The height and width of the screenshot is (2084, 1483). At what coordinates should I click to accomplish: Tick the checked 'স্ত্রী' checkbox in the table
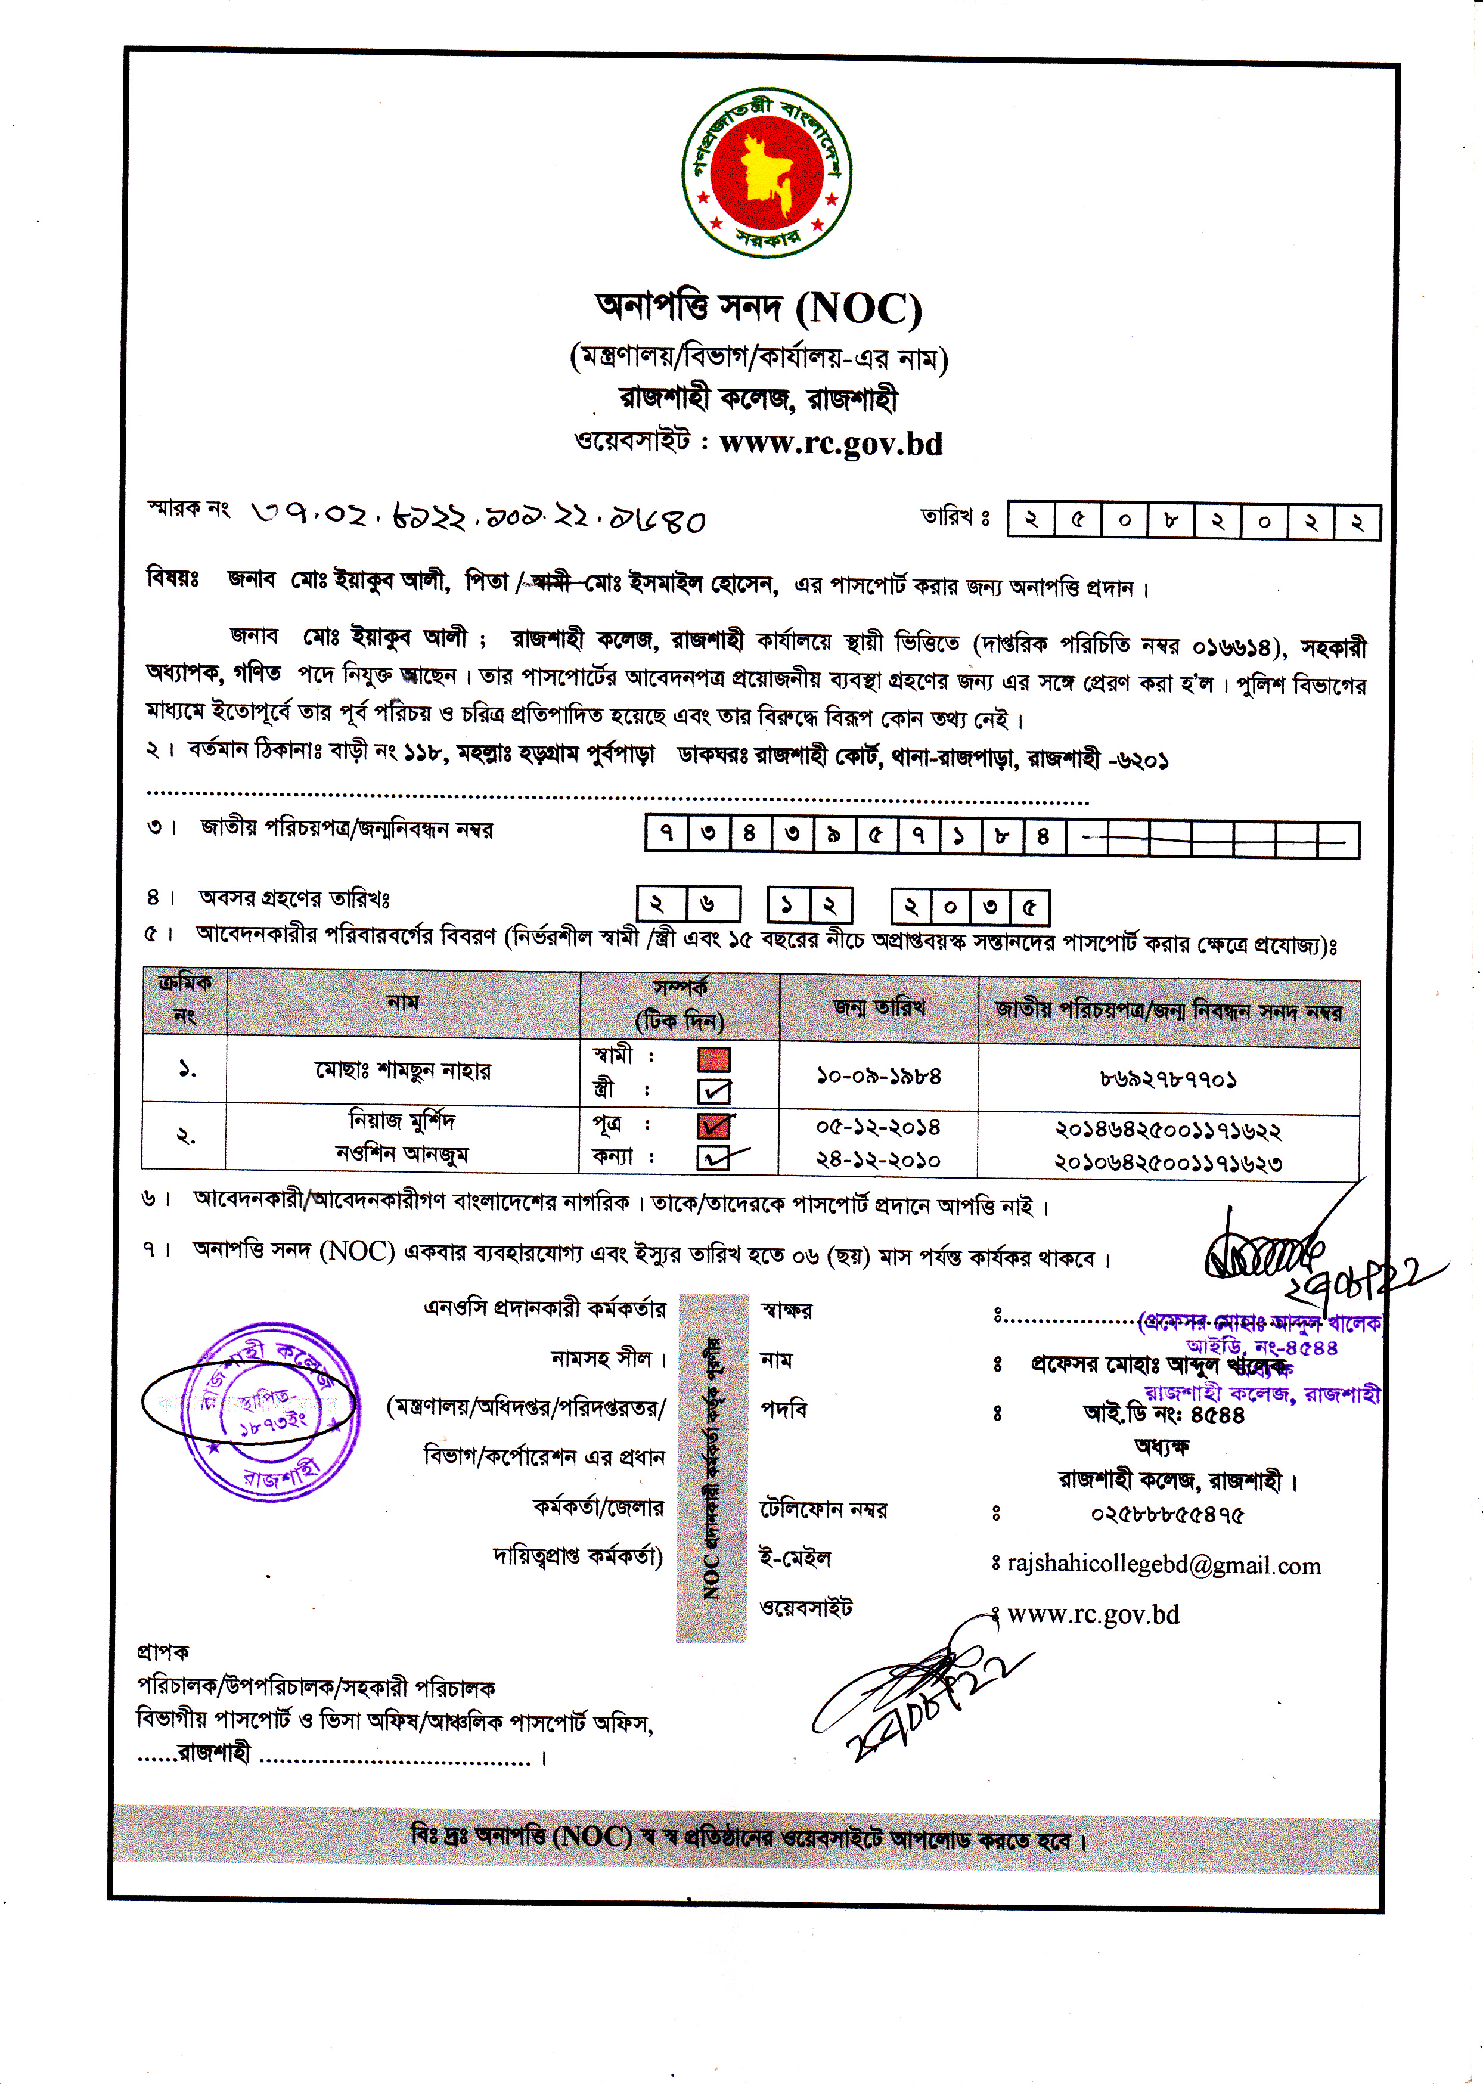point(714,1090)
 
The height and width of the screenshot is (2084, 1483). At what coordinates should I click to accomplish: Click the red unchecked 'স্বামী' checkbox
point(714,1059)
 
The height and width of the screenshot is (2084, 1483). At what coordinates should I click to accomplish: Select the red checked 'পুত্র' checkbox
point(714,1125)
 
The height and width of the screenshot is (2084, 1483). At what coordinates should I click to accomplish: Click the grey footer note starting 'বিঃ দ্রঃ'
point(747,1837)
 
